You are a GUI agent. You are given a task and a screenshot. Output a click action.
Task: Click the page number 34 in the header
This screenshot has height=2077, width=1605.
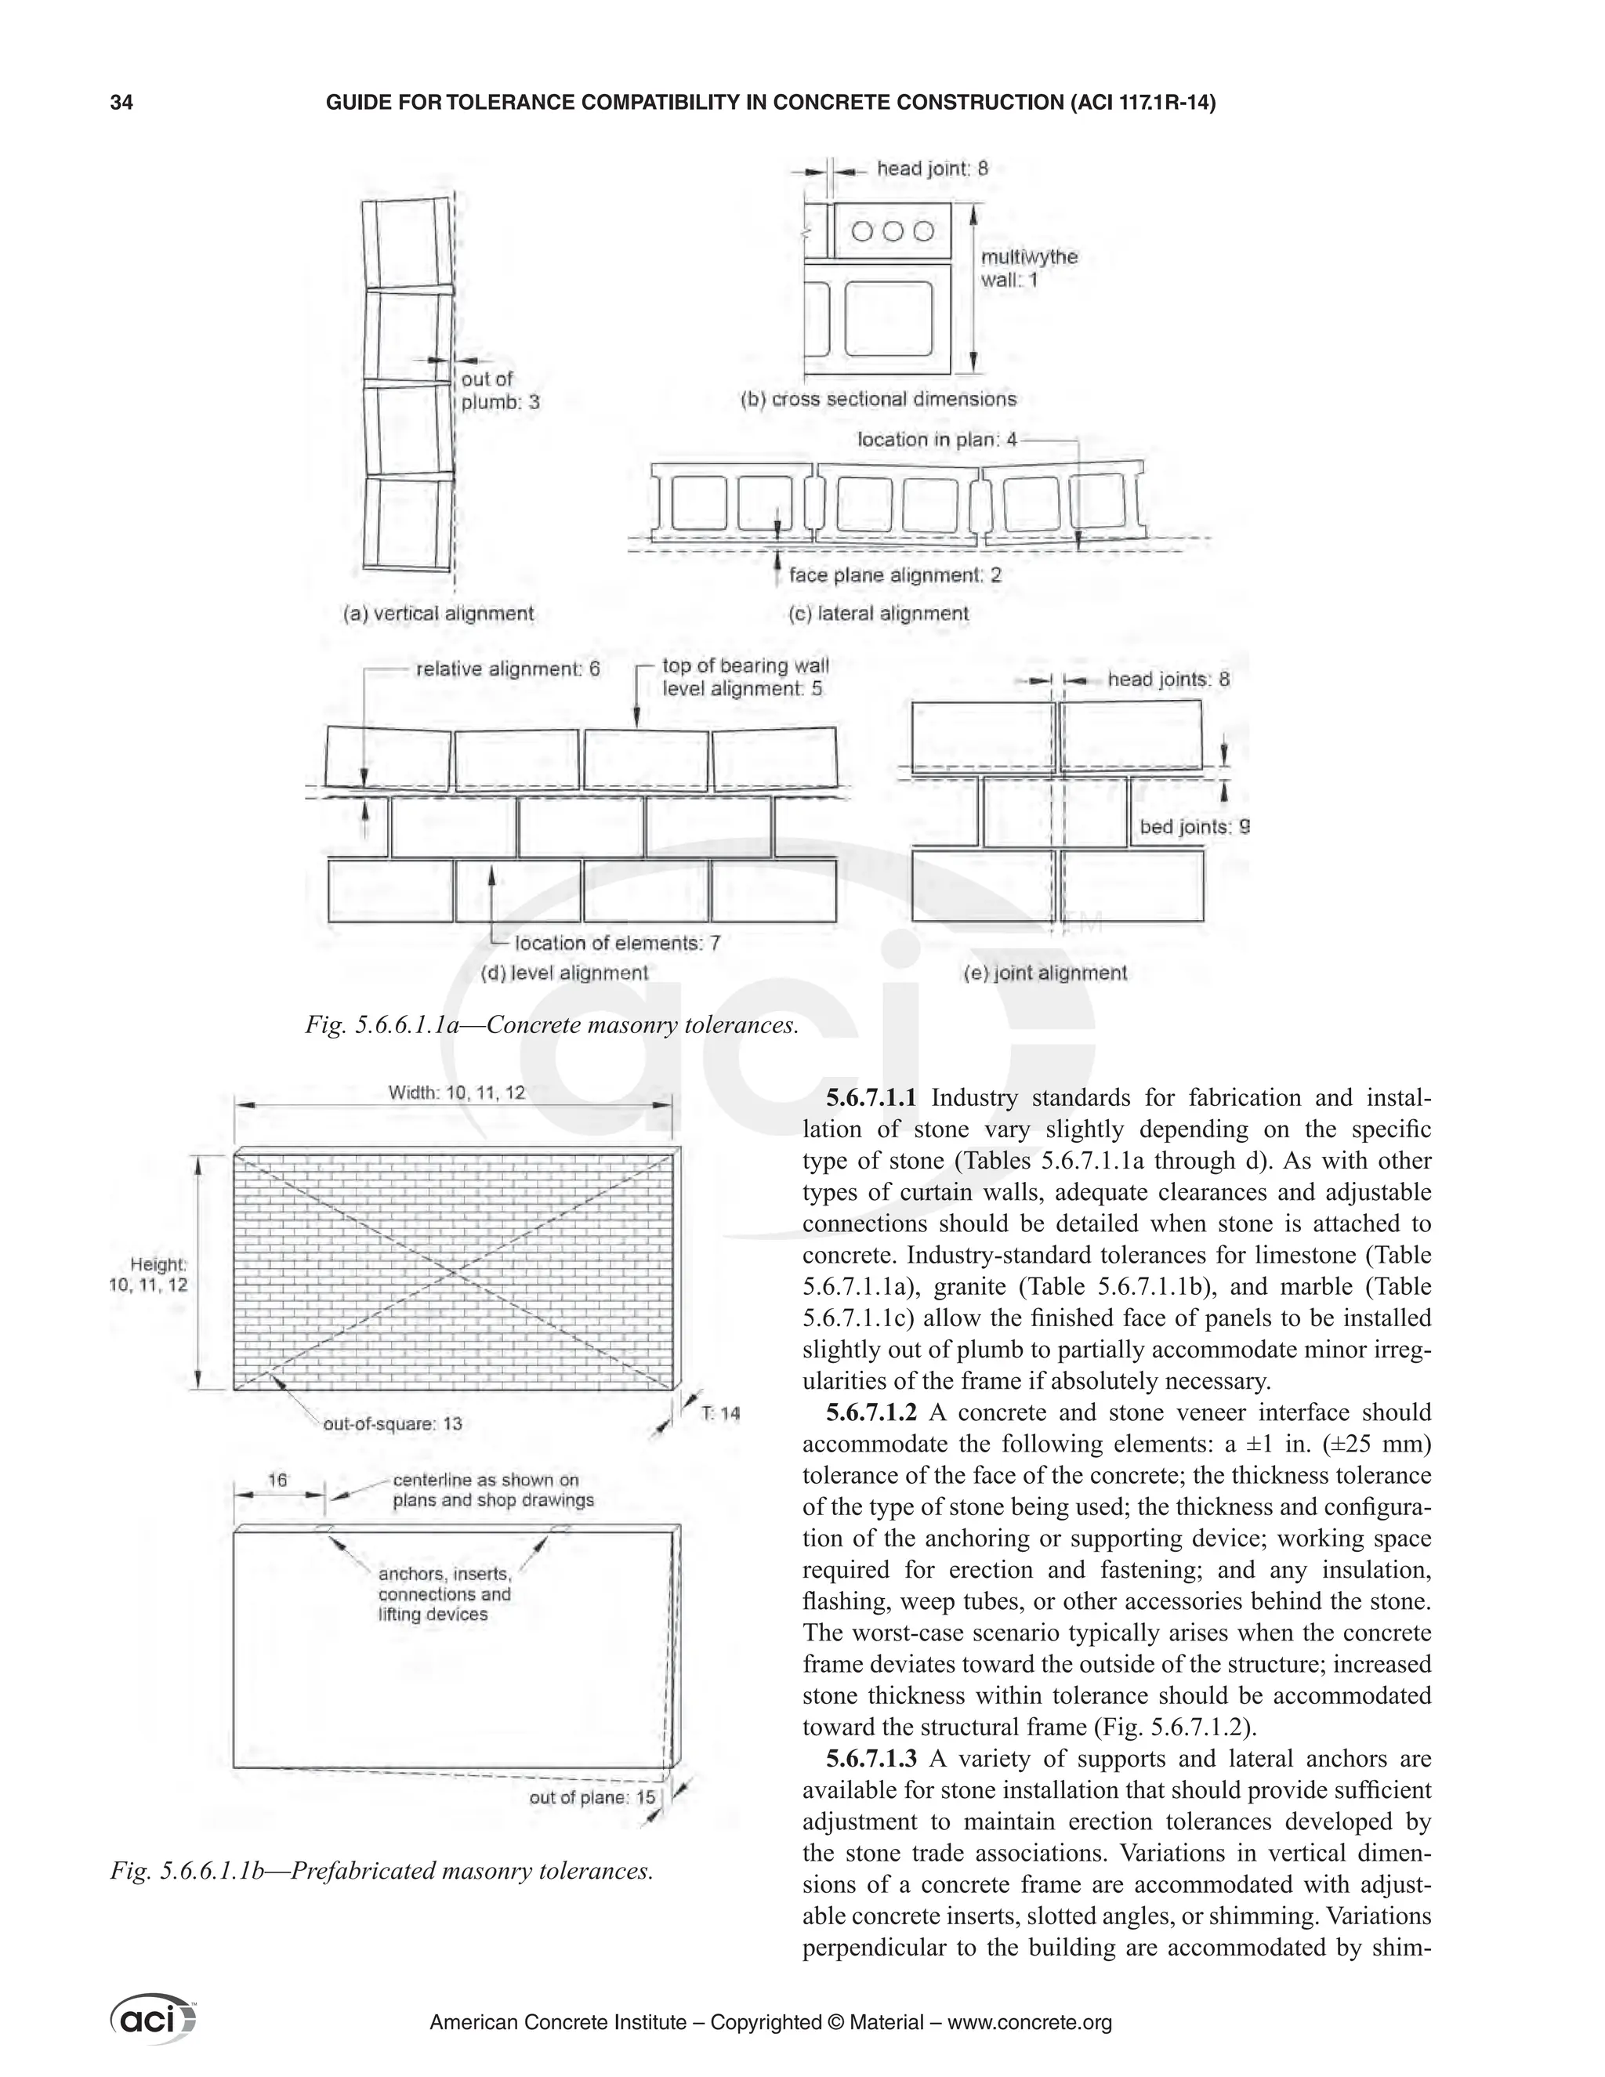point(121,103)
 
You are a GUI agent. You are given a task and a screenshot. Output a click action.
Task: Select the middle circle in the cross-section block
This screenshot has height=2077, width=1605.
point(892,231)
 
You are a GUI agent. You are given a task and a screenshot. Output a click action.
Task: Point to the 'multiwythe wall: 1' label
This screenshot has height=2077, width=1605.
point(1028,268)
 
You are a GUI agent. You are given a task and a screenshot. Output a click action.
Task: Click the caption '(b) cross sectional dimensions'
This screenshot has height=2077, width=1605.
point(878,400)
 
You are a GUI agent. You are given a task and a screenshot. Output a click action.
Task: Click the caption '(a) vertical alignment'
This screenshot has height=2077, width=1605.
point(438,614)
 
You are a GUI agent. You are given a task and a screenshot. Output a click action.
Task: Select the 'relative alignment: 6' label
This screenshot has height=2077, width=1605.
point(508,669)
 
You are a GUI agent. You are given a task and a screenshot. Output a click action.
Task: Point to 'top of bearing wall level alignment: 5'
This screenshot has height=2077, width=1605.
point(745,677)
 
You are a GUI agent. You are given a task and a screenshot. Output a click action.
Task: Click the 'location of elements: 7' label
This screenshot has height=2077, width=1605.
point(617,944)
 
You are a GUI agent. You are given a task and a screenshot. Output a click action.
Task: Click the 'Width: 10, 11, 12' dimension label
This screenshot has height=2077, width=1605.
point(456,1093)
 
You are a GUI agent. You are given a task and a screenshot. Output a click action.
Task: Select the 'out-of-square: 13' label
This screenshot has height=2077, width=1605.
point(393,1423)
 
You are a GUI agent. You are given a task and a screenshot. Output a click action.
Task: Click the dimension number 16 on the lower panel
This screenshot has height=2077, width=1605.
point(277,1480)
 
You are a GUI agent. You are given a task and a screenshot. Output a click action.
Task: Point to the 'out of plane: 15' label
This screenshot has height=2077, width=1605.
point(592,1797)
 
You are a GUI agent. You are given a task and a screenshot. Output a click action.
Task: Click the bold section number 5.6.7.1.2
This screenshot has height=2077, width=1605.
point(870,1413)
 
